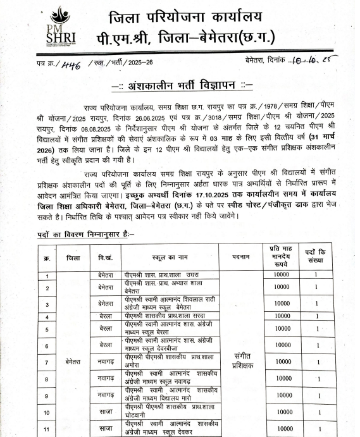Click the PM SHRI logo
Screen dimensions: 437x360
[60, 27]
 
